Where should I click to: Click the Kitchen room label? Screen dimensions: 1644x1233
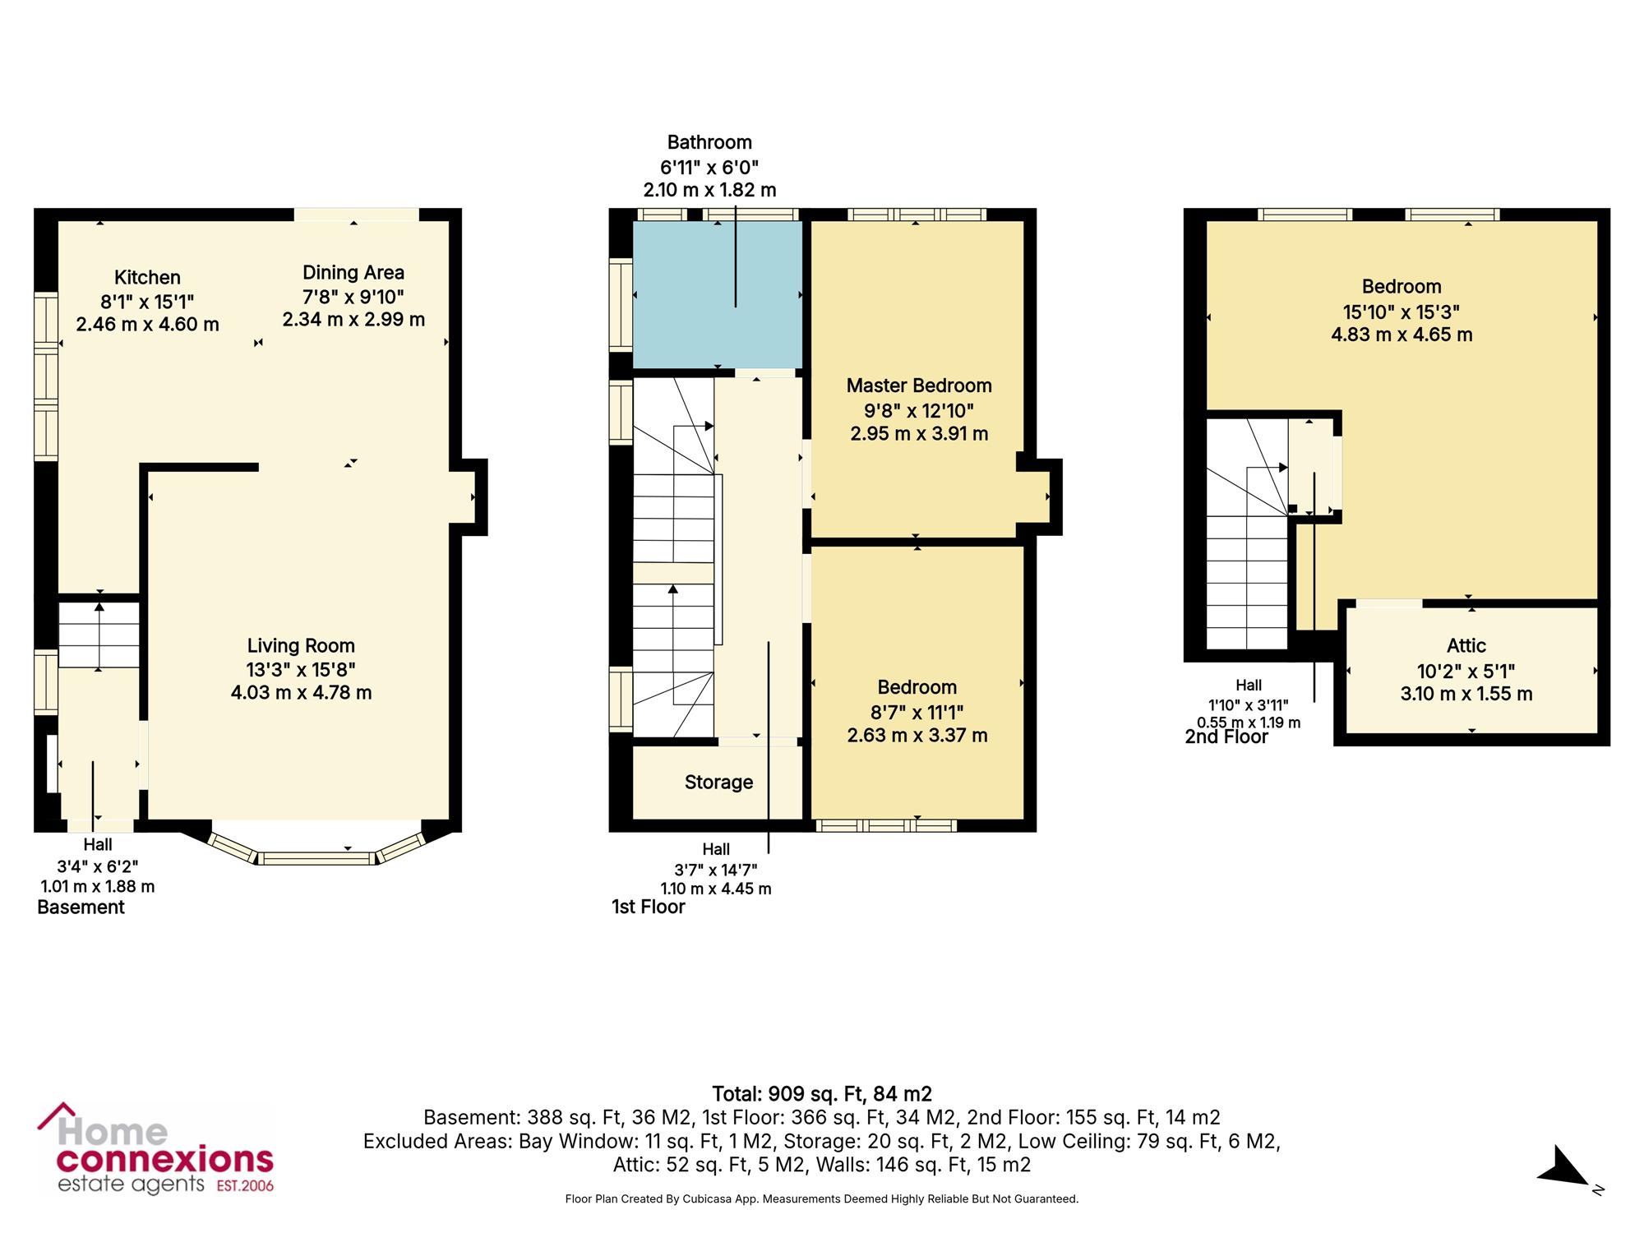(x=147, y=278)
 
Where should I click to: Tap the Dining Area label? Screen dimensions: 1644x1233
(x=353, y=273)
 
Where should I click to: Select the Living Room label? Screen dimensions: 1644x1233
(x=301, y=646)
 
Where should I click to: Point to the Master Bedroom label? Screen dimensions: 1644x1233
(x=919, y=386)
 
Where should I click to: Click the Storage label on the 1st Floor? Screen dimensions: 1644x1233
(x=718, y=782)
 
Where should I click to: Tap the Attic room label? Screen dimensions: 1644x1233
(x=1466, y=646)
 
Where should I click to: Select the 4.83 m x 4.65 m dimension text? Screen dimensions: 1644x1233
(x=1402, y=335)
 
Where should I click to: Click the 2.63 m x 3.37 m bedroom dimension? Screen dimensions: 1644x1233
(x=917, y=735)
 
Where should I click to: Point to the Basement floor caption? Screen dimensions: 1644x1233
(x=81, y=907)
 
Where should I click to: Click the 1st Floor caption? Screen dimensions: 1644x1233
(x=648, y=907)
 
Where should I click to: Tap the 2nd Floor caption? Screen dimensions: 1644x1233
(x=1226, y=737)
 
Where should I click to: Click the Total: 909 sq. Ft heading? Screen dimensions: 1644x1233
(x=822, y=1094)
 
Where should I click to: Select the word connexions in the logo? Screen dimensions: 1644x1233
(x=164, y=1160)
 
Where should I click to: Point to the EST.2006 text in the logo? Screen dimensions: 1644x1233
(x=244, y=1185)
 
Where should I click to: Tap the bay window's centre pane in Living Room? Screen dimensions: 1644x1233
(x=316, y=858)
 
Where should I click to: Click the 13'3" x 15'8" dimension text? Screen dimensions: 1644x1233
(x=301, y=670)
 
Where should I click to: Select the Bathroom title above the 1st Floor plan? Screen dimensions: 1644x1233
(x=709, y=142)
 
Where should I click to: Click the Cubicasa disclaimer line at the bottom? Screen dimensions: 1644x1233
(x=822, y=1199)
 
